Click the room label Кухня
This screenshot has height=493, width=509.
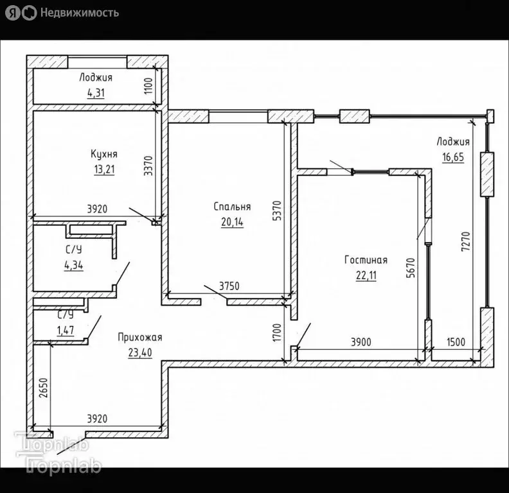pos(104,155)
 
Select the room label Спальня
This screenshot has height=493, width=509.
pos(232,207)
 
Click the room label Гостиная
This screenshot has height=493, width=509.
pos(365,260)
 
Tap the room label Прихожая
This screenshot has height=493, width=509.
pos(139,337)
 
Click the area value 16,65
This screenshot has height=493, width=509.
pos(453,156)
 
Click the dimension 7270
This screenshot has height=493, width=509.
pos(474,244)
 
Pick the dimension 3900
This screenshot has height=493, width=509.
pos(361,342)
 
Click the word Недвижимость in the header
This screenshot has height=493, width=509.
pos(79,12)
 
